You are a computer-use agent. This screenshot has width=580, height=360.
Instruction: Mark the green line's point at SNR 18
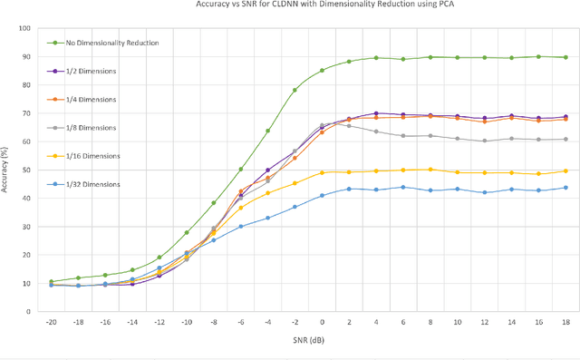pos(565,57)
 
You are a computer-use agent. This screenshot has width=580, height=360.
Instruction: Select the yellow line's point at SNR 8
pos(430,170)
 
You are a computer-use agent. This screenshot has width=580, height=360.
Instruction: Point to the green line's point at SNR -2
pos(295,90)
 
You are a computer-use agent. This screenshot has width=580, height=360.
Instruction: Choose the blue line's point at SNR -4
pos(267,218)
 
